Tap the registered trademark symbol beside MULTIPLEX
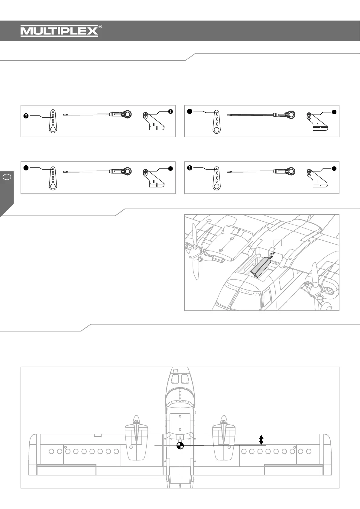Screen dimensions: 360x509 tap(100, 27)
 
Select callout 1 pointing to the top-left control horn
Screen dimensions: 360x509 tap(170, 112)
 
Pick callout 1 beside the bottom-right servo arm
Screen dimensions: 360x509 tap(190, 168)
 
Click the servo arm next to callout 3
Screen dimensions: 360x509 tap(53, 121)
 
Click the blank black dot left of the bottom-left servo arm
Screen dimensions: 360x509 tap(26, 167)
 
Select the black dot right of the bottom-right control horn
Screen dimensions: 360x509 tap(334, 168)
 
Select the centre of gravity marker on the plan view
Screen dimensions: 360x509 tap(180, 445)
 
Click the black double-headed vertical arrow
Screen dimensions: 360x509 tap(261, 439)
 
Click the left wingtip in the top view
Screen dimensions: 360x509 tap(33, 453)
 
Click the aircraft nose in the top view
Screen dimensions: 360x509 tap(180, 373)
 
